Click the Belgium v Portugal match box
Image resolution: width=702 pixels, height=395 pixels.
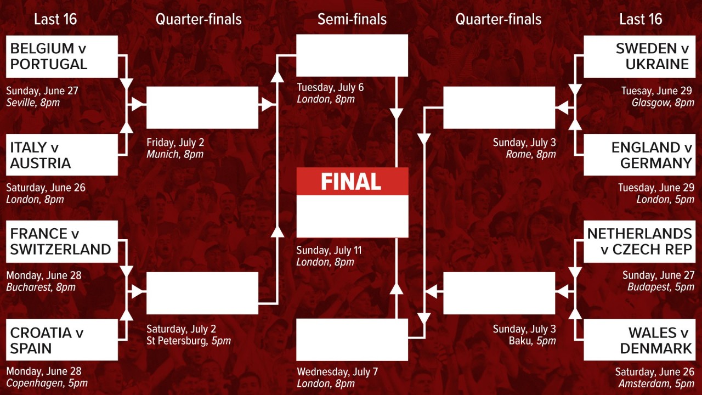pyautogui.click(x=62, y=57)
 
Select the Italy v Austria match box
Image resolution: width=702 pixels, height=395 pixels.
pyautogui.click(x=62, y=155)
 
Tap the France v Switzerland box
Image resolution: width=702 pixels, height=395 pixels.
pyautogui.click(x=62, y=242)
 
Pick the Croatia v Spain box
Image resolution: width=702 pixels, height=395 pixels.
pyautogui.click(x=62, y=340)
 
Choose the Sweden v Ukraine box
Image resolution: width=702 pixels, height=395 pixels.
pyautogui.click(x=639, y=57)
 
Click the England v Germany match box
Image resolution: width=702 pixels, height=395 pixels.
pyautogui.click(x=639, y=155)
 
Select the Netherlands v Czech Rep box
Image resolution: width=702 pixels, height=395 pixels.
pyautogui.click(x=639, y=242)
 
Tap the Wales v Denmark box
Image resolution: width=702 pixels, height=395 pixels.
pyautogui.click(x=639, y=340)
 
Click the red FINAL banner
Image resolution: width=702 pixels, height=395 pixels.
pyautogui.click(x=352, y=182)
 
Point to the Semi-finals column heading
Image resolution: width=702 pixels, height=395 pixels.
pyautogui.click(x=352, y=19)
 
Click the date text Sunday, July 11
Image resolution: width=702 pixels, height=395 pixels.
pyautogui.click(x=329, y=251)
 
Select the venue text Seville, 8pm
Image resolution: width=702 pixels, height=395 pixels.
pyautogui.click(x=33, y=103)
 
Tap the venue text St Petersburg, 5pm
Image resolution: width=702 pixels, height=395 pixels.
pyautogui.click(x=189, y=341)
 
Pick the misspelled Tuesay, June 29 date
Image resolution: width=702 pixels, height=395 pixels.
pyautogui.click(x=656, y=91)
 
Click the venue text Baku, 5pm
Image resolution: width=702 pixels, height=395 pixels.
pyautogui.click(x=532, y=341)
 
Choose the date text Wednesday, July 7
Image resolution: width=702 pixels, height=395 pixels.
pyautogui.click(x=337, y=372)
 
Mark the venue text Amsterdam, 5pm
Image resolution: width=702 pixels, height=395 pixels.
pyautogui.click(x=656, y=383)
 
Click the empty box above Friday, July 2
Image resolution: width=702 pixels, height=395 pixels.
pyautogui.click(x=202, y=108)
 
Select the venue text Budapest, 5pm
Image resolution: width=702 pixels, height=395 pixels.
pyautogui.click(x=661, y=287)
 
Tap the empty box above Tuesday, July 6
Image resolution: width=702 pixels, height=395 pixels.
pyautogui.click(x=352, y=55)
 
